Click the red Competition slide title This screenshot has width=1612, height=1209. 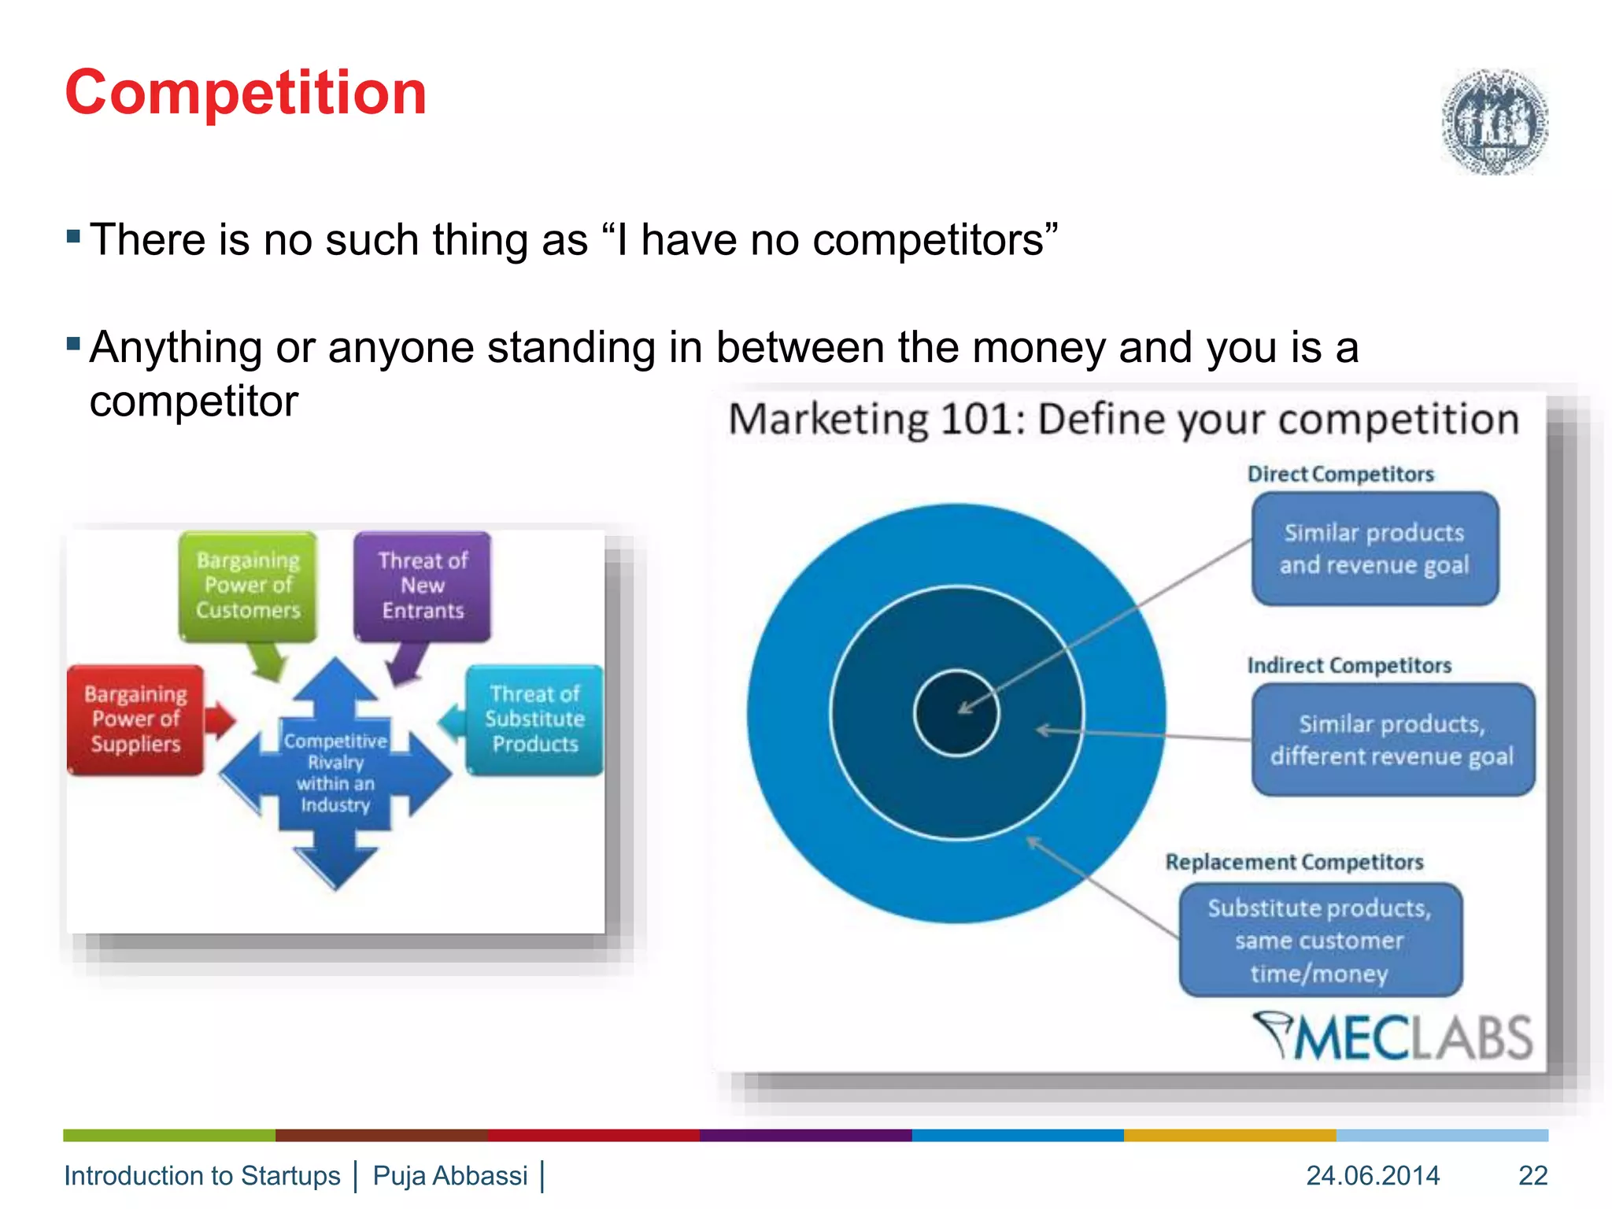tap(246, 93)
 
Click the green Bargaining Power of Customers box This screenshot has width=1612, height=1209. tap(248, 586)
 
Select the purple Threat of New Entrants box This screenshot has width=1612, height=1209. tap(423, 586)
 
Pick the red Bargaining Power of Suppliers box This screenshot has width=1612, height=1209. tap(135, 719)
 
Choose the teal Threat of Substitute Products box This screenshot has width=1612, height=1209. tap(535, 719)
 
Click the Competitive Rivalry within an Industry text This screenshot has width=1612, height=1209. tap(335, 772)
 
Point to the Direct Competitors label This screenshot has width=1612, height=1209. tap(1340, 474)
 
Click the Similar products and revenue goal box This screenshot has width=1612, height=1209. tap(1374, 549)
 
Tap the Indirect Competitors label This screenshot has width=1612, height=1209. tap(1349, 665)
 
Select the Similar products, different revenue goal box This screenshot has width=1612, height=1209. tap(1392, 740)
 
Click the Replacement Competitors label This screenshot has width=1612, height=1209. tap(1294, 862)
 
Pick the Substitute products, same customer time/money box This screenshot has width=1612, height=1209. tap(1320, 940)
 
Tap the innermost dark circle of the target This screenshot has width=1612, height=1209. tap(956, 712)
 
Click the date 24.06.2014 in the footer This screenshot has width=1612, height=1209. tap(1373, 1175)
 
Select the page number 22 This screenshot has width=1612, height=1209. tap(1533, 1175)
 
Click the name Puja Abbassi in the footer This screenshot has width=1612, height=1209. tap(450, 1175)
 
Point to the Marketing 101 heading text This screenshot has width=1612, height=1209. tap(1123, 419)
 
